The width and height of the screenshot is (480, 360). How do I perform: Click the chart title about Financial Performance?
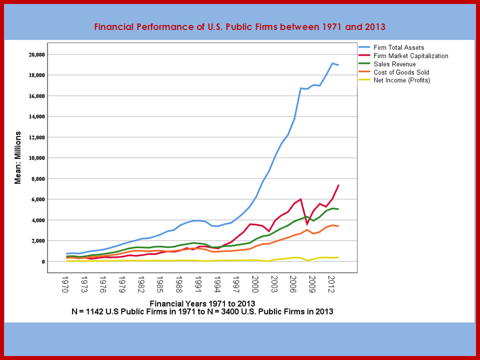tap(240, 26)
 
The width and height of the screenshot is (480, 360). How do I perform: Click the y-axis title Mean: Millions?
tap(18, 157)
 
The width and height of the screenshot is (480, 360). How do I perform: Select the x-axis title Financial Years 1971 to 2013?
tap(202, 303)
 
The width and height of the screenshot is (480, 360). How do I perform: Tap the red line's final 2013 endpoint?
tap(338, 185)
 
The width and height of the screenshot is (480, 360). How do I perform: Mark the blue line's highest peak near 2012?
tap(332, 63)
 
